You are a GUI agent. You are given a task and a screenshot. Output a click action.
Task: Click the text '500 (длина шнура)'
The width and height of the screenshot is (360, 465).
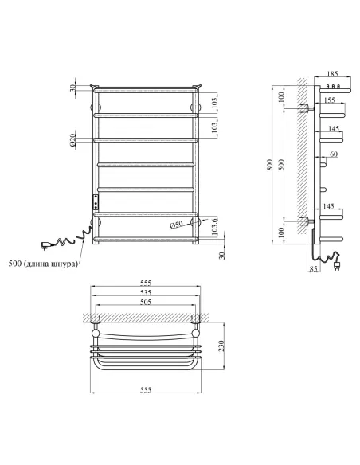click(x=43, y=264)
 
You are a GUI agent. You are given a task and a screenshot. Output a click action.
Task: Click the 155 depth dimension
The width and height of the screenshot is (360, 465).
click(x=329, y=101)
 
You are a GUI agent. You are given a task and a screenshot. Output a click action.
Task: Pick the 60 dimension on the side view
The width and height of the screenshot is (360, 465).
click(x=333, y=153)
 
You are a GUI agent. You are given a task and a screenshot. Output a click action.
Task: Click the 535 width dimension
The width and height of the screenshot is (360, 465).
click(x=145, y=292)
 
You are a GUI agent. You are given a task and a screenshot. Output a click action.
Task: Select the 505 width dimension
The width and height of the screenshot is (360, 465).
click(x=145, y=302)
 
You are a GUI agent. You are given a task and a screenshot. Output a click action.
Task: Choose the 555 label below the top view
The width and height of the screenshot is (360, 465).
click(x=145, y=390)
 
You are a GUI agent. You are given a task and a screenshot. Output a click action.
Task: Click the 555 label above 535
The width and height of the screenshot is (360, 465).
click(x=145, y=283)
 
